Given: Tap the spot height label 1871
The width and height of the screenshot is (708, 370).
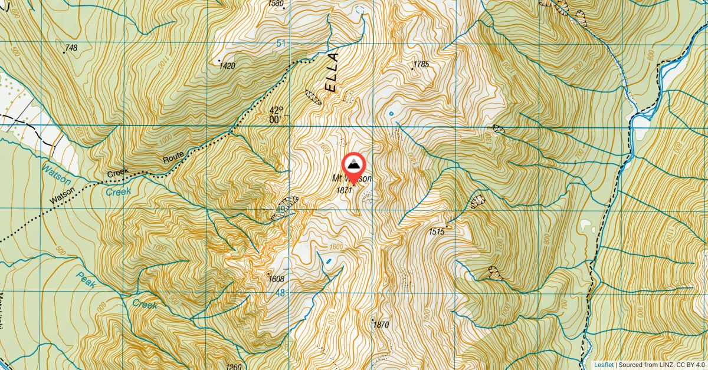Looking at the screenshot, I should [x=344, y=190].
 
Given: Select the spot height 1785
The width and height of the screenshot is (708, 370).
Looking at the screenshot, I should [x=421, y=64].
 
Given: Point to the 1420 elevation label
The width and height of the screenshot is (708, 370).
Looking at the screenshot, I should [x=227, y=66].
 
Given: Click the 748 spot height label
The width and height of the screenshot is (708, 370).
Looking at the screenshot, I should [x=71, y=48].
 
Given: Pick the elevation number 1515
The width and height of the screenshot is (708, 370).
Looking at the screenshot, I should [x=437, y=232].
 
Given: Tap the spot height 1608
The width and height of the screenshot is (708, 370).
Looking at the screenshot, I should [x=276, y=279].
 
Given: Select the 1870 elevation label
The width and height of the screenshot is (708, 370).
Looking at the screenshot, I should [x=381, y=325].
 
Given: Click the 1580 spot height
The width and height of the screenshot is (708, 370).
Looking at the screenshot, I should [x=276, y=4].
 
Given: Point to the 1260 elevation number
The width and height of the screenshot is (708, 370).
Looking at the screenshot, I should [x=234, y=366].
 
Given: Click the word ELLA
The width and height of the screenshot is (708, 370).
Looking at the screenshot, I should [x=332, y=72].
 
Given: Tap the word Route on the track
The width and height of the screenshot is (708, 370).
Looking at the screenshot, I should [x=174, y=156].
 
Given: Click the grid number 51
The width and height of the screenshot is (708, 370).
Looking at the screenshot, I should [x=280, y=44].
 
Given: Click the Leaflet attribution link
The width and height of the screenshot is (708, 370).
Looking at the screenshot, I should [x=604, y=365].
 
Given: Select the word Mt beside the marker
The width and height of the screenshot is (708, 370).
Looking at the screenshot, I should [x=337, y=179].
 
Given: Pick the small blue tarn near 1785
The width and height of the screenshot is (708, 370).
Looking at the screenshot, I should [x=391, y=114].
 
